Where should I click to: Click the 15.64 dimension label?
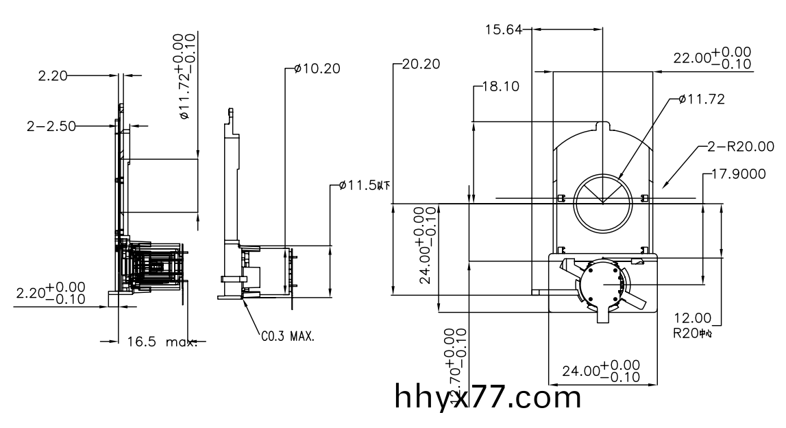[504, 29]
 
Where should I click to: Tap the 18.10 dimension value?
[501, 87]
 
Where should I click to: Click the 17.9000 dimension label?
[739, 174]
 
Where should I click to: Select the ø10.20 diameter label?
[316, 69]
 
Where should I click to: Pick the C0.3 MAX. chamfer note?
[288, 337]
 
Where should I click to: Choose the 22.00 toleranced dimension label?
[712, 58]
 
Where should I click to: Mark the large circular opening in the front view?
[602, 204]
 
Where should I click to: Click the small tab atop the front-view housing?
[602, 127]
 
